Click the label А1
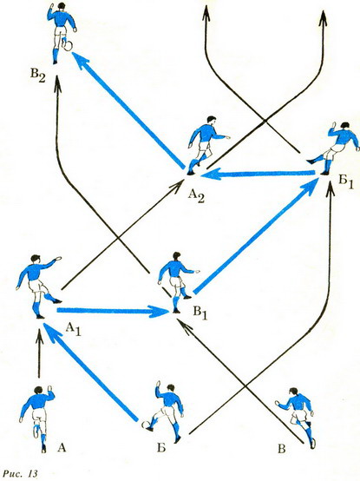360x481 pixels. pyautogui.click(x=74, y=329)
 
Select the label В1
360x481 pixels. pyautogui.click(x=200, y=313)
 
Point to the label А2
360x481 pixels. pyautogui.click(x=196, y=195)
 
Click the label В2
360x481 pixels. pyautogui.click(x=37, y=76)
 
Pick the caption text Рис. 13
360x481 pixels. pyautogui.click(x=20, y=472)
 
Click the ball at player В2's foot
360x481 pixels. pyautogui.click(x=69, y=46)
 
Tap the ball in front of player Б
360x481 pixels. pyautogui.click(x=145, y=425)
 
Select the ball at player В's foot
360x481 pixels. pyautogui.click(x=312, y=444)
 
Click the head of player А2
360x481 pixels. pyautogui.click(x=211, y=119)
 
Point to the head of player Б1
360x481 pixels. pyautogui.click(x=345, y=126)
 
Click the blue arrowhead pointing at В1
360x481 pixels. pyautogui.click(x=159, y=311)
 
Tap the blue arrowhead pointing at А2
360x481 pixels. pyautogui.click(x=209, y=175)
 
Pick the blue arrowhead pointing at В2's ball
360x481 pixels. pyautogui.click(x=81, y=60)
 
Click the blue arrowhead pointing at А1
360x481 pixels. pyautogui.click(x=52, y=332)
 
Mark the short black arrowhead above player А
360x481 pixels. pyautogui.click(x=39, y=336)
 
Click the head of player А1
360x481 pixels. pyautogui.click(x=36, y=258)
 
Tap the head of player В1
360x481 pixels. pyautogui.click(x=176, y=256)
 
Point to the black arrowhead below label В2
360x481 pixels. pyautogui.click(x=57, y=84)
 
